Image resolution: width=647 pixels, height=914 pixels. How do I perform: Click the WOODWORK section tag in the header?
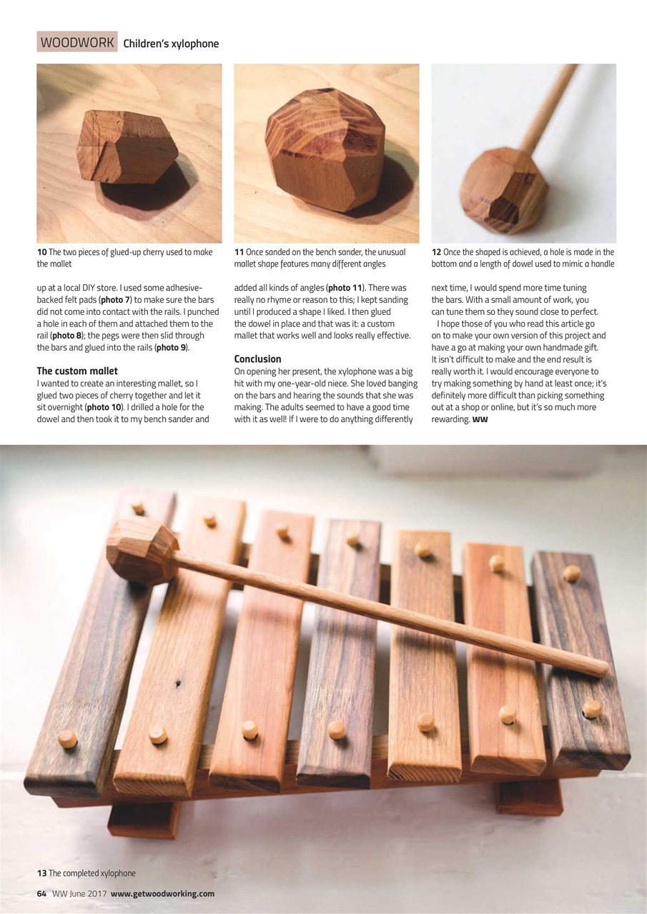point(77,43)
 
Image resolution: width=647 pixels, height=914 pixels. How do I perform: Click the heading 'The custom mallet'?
point(77,371)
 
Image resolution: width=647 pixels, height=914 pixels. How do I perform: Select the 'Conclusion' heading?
point(257,358)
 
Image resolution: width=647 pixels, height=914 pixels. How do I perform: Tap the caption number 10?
point(41,252)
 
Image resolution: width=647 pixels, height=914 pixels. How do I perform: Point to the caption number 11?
point(239,252)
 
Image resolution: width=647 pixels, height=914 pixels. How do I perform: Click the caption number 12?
point(436,252)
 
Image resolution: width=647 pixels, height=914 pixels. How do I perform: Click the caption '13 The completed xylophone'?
point(86,873)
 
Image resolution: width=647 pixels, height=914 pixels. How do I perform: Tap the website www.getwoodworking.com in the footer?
point(162,893)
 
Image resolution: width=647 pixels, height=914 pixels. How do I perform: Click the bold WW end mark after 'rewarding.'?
point(480,419)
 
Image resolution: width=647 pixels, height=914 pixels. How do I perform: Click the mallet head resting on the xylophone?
point(141,551)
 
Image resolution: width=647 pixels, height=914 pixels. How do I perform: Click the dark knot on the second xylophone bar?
point(177,683)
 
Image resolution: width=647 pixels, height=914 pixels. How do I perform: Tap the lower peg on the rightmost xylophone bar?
point(591,709)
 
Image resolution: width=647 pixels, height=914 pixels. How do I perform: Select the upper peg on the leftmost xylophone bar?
point(138,508)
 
